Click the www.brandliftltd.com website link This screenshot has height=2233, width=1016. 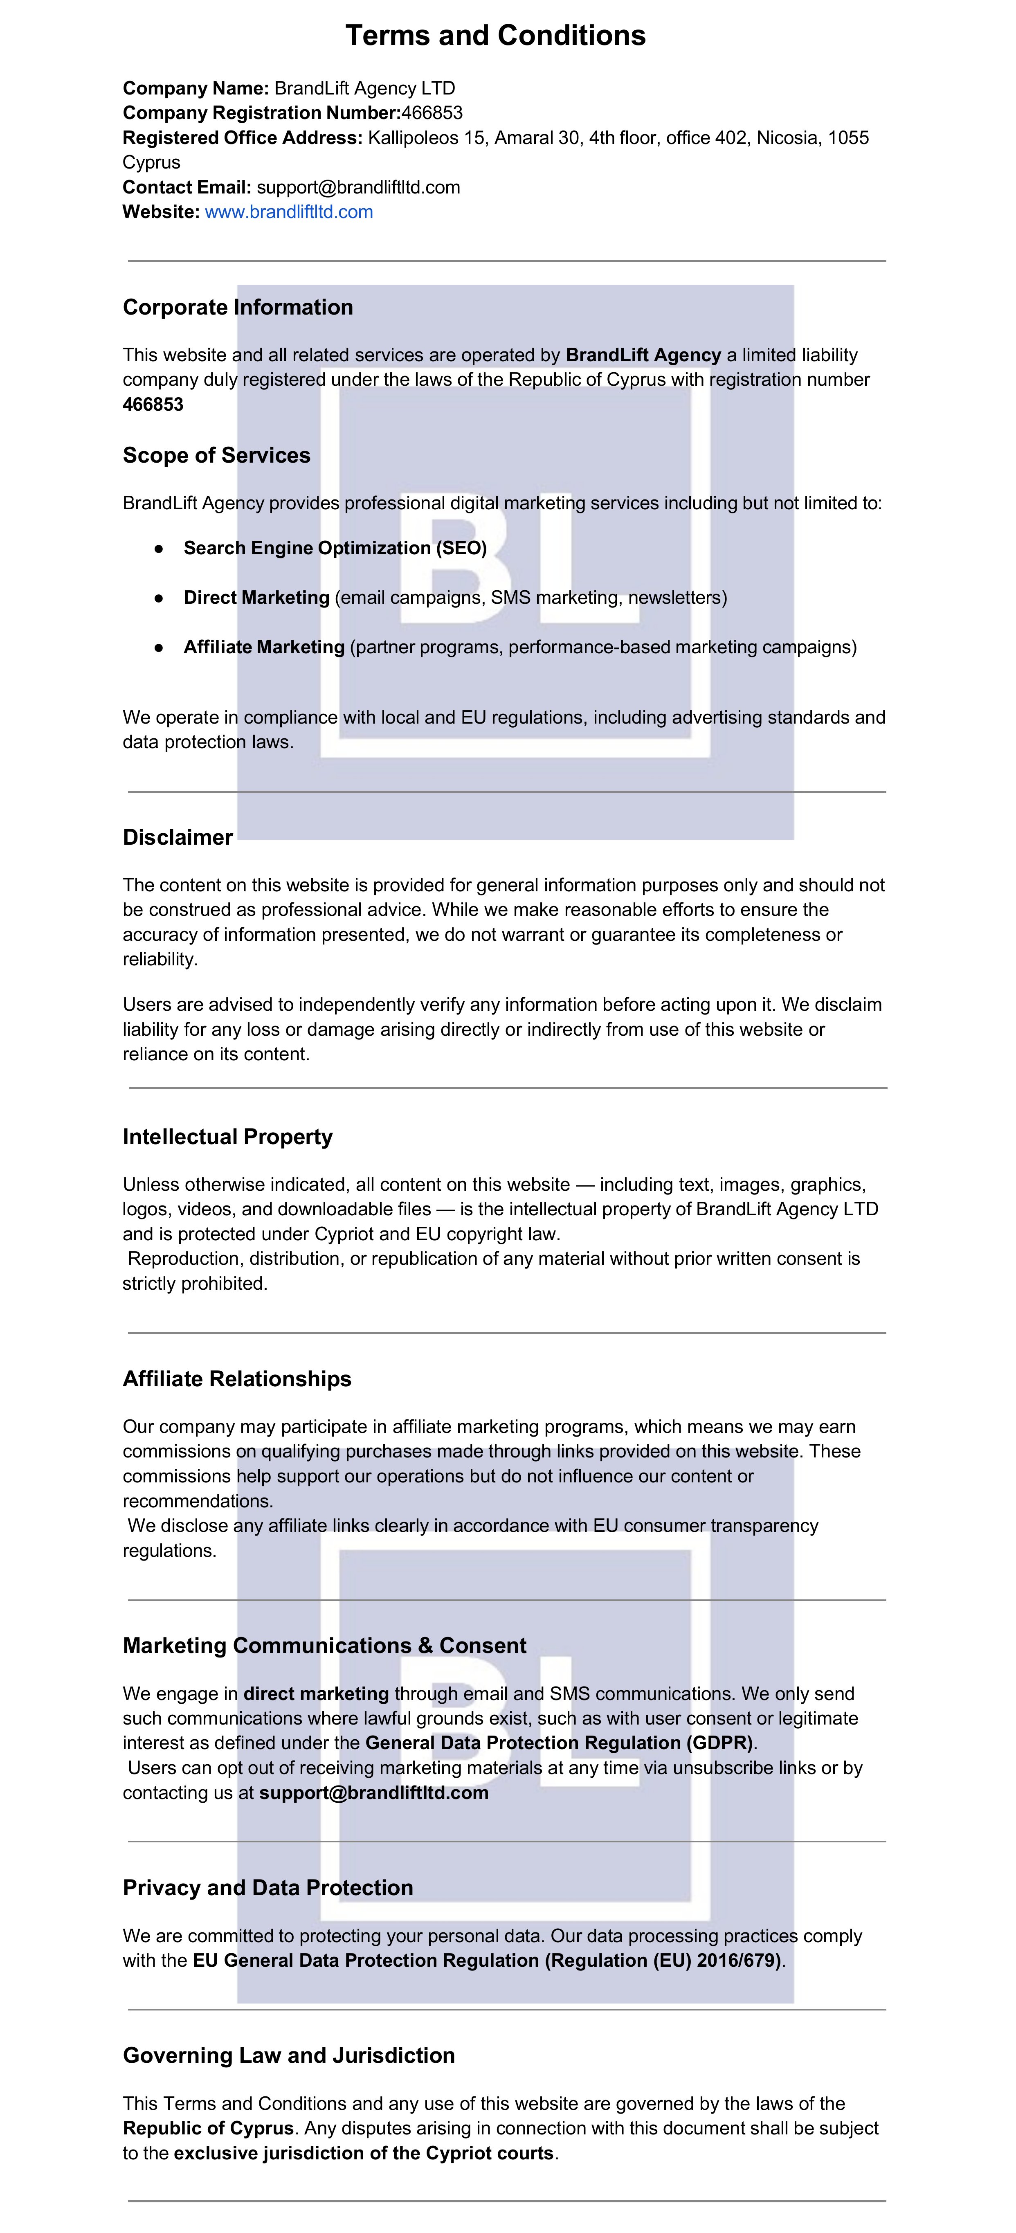pyautogui.click(x=289, y=212)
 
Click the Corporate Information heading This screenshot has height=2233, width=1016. pyautogui.click(x=238, y=308)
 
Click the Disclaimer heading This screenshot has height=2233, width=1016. pyautogui.click(x=178, y=837)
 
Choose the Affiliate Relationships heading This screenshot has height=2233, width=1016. pyautogui.click(x=237, y=1379)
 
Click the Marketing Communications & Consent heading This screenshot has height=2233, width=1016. pyautogui.click(x=324, y=1645)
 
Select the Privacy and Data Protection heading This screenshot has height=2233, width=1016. pyautogui.click(x=268, y=1888)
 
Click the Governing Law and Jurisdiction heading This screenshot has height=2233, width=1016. pyautogui.click(x=289, y=2055)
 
